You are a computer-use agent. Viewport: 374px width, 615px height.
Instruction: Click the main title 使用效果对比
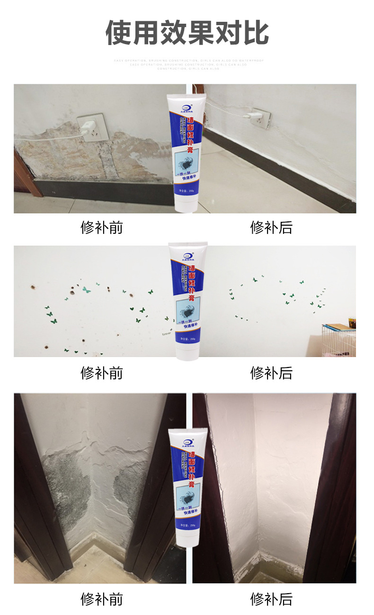point(187,33)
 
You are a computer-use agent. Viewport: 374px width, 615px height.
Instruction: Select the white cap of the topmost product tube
point(185,205)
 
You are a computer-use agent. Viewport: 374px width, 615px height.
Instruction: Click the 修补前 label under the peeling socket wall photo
point(101,228)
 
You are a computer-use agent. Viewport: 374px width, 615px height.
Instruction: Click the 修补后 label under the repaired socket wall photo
point(271,228)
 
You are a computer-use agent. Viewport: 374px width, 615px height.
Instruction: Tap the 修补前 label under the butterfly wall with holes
point(101,373)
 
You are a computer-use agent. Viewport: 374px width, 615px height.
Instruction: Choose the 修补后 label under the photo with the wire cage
point(271,373)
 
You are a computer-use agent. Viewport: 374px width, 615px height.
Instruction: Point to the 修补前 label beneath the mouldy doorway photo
point(101,599)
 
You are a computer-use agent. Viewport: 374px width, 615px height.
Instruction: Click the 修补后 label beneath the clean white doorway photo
point(271,599)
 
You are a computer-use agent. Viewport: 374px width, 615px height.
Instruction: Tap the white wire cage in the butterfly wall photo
point(338,339)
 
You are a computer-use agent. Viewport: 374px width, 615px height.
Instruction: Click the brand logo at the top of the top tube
point(185,102)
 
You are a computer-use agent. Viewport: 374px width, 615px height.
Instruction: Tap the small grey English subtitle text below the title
point(188,64)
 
